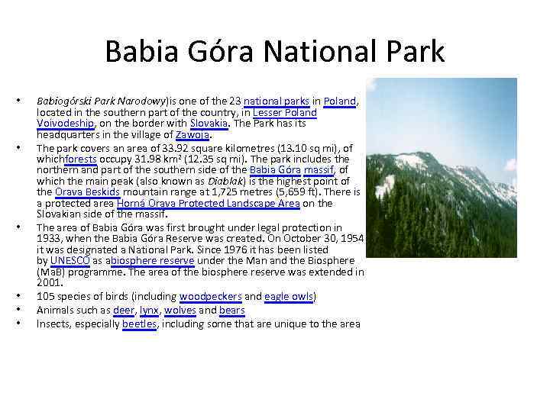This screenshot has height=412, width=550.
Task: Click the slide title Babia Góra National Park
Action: [x=274, y=52]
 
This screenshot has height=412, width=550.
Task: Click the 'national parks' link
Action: [x=277, y=101]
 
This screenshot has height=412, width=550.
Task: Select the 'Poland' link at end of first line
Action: [x=340, y=101]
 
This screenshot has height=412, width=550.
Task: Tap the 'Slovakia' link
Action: [x=209, y=124]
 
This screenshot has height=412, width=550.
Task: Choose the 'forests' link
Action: [x=81, y=159]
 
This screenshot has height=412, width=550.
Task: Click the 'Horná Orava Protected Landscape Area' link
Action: [x=209, y=203]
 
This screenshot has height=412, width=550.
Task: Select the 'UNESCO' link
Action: [x=70, y=260]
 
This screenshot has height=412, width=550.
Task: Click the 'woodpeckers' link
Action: [x=211, y=297]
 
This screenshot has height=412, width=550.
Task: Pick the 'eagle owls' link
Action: [x=290, y=297]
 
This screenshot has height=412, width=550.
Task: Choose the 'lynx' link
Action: [x=149, y=310]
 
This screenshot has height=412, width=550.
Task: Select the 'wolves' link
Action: [x=180, y=310]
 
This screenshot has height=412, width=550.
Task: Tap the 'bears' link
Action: [x=231, y=310]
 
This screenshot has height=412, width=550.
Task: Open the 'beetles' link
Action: [x=139, y=323]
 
